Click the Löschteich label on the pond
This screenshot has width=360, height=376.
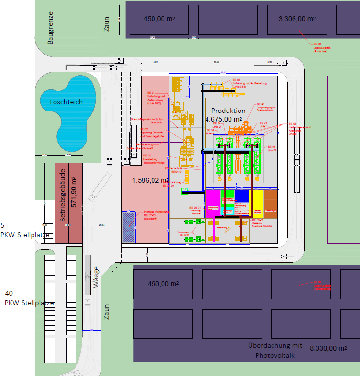click(x=66, y=102)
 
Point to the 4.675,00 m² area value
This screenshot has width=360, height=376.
click(x=224, y=119)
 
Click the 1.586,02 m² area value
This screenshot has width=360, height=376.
click(x=150, y=180)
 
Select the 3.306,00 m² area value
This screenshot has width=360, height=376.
click(x=297, y=19)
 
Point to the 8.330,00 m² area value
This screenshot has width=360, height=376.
click(x=328, y=348)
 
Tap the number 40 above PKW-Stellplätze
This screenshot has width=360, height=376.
click(x=9, y=293)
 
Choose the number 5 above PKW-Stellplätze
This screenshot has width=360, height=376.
click(x=2, y=225)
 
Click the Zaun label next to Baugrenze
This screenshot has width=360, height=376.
click(x=106, y=23)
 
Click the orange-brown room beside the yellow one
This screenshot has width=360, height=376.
click(x=270, y=203)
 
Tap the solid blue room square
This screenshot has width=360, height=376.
click(x=241, y=196)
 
